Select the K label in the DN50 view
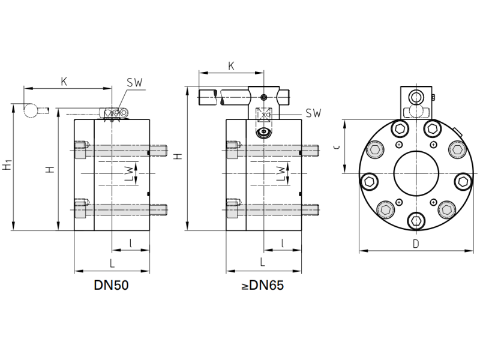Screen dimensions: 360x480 pyautogui.click(x=64, y=82)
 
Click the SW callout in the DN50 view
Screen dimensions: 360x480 pyautogui.click(x=134, y=83)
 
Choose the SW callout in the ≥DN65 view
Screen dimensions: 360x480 pyautogui.click(x=313, y=113)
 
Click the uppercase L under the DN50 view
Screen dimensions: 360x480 pyautogui.click(x=112, y=262)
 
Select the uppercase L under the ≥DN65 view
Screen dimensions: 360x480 pyautogui.click(x=262, y=262)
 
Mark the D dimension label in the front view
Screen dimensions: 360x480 pyautogui.click(x=416, y=244)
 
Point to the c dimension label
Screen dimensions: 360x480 pyautogui.click(x=338, y=146)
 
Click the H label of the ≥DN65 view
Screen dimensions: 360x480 pyautogui.click(x=178, y=157)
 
